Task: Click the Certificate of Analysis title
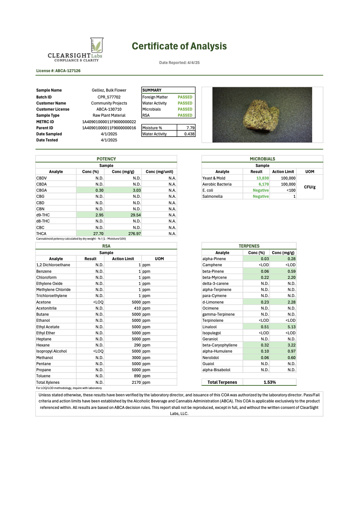pos(179,46)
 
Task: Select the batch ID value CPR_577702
pos(109,97)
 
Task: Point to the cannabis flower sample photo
pos(262,115)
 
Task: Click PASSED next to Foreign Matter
pos(185,97)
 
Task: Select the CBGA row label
pos(42,190)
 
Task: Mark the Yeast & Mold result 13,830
pos(262,178)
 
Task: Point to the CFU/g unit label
pos(310,187)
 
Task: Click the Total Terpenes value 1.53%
pos(270,382)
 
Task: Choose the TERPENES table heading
pos(249,246)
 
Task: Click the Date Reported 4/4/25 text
pos(179,63)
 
